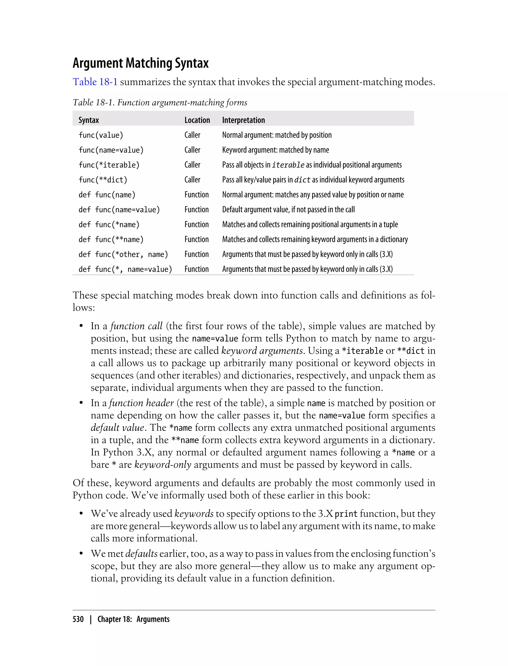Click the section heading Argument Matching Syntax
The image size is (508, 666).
click(141, 63)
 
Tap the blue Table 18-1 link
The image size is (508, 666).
click(95, 82)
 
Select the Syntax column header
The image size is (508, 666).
click(89, 120)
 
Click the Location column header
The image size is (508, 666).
click(197, 120)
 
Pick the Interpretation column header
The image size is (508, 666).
click(243, 120)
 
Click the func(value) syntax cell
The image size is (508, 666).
click(101, 135)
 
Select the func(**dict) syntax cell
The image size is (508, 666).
click(103, 180)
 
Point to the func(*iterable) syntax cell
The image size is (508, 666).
click(109, 165)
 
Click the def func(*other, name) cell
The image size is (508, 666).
click(123, 254)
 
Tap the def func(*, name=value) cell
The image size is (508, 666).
click(125, 269)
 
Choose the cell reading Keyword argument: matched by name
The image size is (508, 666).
click(276, 150)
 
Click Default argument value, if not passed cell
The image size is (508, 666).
click(288, 209)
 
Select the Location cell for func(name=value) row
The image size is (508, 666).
click(192, 150)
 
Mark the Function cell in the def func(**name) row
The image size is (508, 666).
click(196, 239)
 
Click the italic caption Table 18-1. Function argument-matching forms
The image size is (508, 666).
click(160, 103)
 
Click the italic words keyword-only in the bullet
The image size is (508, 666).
click(163, 465)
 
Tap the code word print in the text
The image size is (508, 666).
click(346, 514)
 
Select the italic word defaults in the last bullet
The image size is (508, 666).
click(141, 554)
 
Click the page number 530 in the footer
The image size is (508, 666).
click(78, 619)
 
